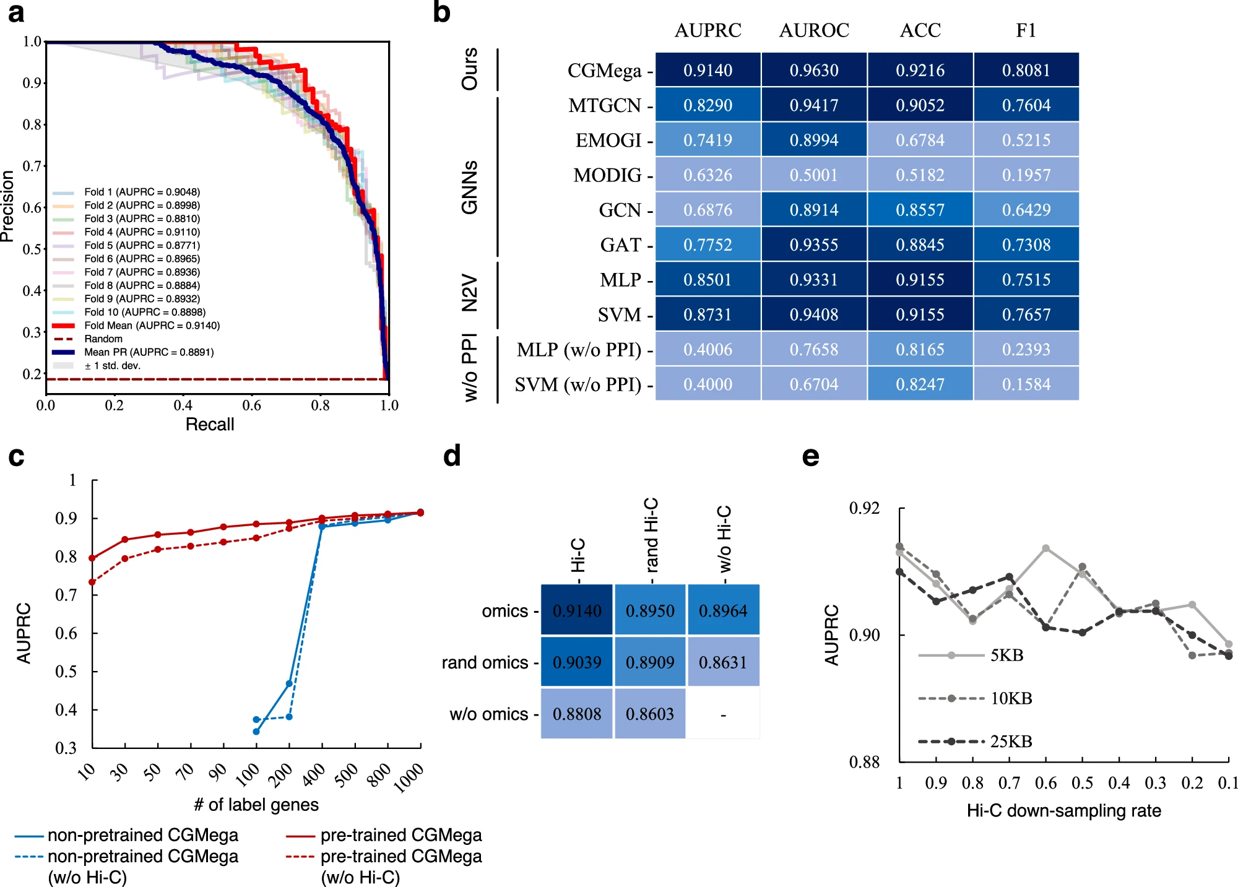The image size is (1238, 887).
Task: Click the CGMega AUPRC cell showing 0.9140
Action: click(x=708, y=70)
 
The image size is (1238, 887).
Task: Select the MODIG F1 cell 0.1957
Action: click(x=1026, y=175)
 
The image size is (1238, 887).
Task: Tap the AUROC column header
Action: click(x=814, y=30)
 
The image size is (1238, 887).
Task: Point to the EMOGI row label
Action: click(x=608, y=141)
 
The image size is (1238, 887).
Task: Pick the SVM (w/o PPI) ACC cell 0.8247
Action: click(x=920, y=384)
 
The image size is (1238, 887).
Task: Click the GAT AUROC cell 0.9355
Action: click(x=814, y=245)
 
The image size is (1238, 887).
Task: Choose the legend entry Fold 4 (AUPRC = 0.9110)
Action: click(x=142, y=232)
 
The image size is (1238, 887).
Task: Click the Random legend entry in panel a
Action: click(x=103, y=339)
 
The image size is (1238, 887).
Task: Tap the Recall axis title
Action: click(x=210, y=425)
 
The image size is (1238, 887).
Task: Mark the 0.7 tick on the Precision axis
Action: click(x=32, y=166)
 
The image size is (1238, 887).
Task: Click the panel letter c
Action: click(x=17, y=457)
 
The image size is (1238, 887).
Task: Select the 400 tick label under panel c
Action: click(x=314, y=774)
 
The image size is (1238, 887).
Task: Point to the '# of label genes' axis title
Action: click(x=256, y=805)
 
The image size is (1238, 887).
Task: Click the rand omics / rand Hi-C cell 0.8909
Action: click(x=649, y=662)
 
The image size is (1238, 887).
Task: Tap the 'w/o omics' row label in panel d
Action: click(x=488, y=714)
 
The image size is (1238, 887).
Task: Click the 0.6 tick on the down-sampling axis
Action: click(x=1045, y=783)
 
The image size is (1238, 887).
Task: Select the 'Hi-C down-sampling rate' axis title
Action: click(x=1063, y=811)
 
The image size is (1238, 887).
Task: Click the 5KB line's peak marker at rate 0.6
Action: click(x=1045, y=548)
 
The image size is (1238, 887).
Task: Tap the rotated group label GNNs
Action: click(x=470, y=187)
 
